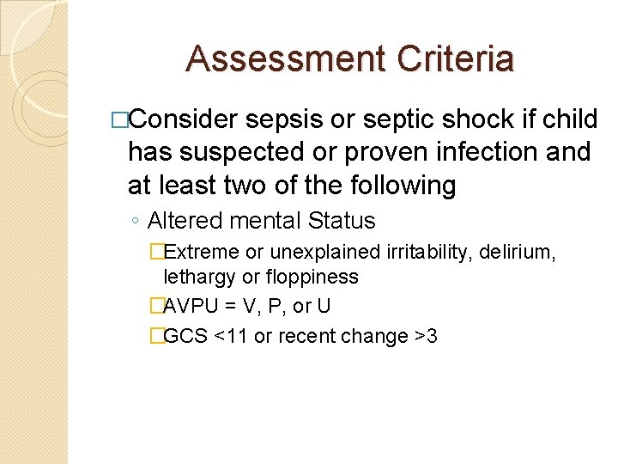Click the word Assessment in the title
click(280, 59)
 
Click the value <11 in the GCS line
click(230, 336)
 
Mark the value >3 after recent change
click(426, 336)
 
